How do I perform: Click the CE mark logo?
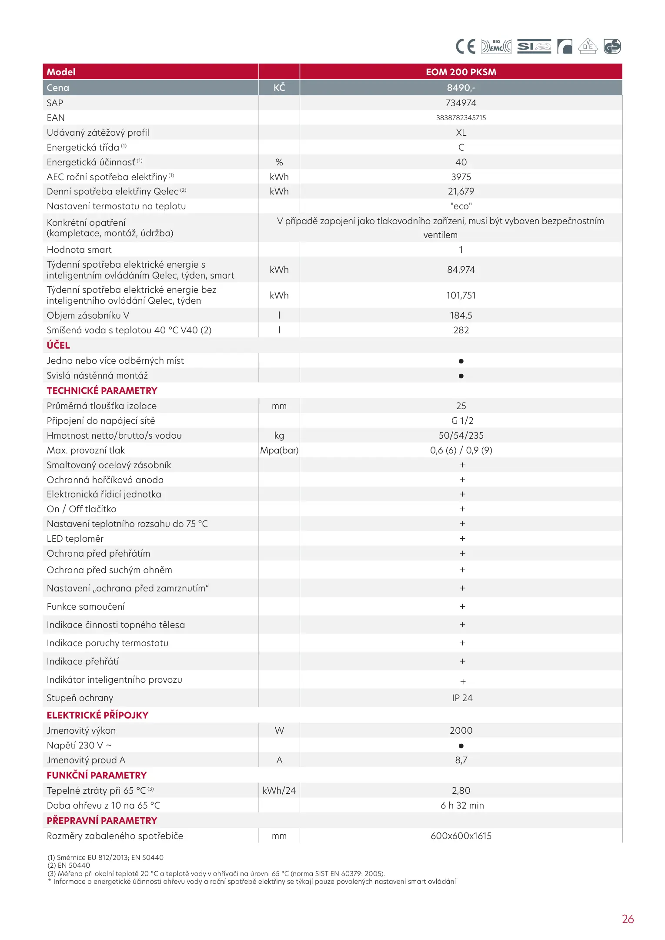coord(465,46)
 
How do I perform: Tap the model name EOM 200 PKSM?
coord(461,72)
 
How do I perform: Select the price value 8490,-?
coord(461,87)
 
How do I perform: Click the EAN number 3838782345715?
coord(461,117)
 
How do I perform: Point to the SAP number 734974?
coord(461,103)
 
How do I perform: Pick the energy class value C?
coord(461,148)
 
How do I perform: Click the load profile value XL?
coord(461,133)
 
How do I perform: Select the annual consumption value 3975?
coord(461,177)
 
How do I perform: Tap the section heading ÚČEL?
coord(58,345)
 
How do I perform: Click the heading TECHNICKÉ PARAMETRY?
coord(102,390)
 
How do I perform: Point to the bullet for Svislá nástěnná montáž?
coord(461,376)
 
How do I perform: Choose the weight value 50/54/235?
coord(461,436)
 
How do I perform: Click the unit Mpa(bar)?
coord(279,450)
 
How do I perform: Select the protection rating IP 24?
coord(462,698)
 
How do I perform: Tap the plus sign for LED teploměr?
coord(462,539)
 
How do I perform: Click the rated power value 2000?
coord(461,731)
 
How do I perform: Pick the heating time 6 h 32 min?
coord(462,806)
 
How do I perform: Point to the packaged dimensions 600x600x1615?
coord(461,836)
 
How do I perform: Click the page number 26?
coord(628,919)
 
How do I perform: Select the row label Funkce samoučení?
coord(86,607)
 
